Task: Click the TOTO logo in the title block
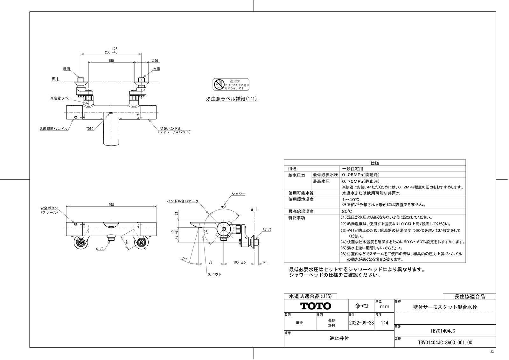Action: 316,306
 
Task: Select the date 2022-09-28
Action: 362,322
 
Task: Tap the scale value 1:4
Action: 384,322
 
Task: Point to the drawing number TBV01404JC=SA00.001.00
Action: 445,342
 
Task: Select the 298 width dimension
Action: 111,205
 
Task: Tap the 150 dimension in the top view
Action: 111,60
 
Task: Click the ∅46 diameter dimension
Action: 155,60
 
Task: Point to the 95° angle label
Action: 223,207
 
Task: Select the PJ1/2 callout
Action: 267,229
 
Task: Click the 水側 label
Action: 157,69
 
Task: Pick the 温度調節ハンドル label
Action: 53,129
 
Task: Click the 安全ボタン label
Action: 49,208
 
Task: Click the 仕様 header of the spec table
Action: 374,163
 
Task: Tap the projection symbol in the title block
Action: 361,306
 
